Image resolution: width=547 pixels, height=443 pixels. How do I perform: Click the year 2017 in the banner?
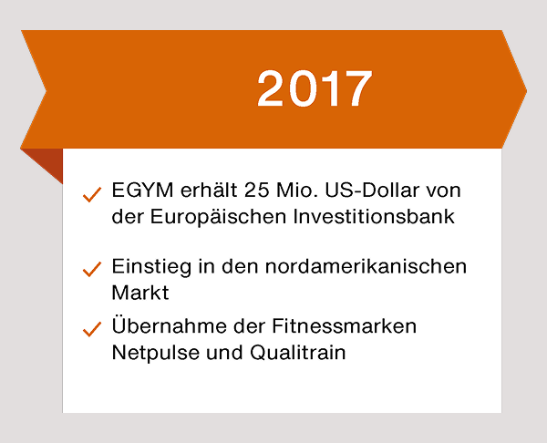(x=315, y=88)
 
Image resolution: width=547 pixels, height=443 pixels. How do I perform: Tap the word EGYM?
(x=142, y=191)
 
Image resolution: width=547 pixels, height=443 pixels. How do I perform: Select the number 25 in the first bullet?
(x=257, y=191)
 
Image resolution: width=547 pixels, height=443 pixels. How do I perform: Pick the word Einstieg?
(x=151, y=267)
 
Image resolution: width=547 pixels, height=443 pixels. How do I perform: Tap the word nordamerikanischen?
(x=366, y=266)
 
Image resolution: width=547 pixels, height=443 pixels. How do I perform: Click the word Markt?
(x=140, y=292)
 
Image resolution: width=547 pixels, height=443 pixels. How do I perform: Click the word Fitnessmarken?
(x=344, y=326)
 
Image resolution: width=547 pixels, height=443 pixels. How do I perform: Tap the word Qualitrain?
(x=297, y=352)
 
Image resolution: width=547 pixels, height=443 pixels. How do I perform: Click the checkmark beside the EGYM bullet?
(x=92, y=194)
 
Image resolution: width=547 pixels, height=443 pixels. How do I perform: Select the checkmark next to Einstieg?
(x=92, y=269)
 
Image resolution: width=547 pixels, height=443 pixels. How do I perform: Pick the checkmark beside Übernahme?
(x=92, y=329)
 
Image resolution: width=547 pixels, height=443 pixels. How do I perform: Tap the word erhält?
(x=209, y=191)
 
